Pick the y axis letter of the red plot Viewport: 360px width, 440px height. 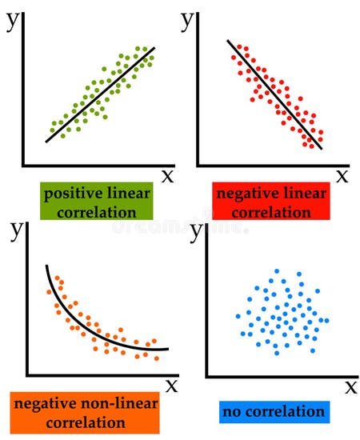coord(189,19)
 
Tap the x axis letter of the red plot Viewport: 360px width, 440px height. coord(342,175)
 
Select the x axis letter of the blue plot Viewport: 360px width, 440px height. coord(350,387)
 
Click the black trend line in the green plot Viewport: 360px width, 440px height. coord(100,94)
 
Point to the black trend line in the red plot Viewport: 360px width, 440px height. coord(274,94)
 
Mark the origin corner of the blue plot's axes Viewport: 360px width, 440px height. coord(207,375)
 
